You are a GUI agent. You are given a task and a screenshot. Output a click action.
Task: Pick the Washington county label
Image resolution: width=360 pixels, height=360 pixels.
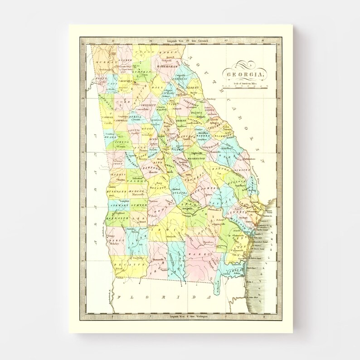coord(194,159)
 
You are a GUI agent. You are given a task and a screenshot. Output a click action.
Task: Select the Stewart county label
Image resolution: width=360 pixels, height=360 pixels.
coord(119,205)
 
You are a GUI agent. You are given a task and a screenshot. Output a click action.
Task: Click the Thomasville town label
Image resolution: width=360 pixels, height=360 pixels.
coord(157,260)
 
